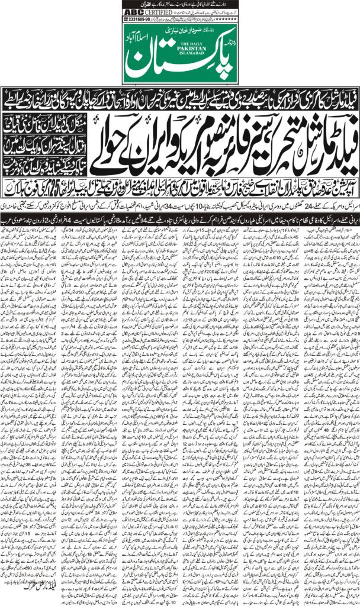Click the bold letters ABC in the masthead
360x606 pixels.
coord(132,9)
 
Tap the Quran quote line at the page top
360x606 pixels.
coord(181,3)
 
